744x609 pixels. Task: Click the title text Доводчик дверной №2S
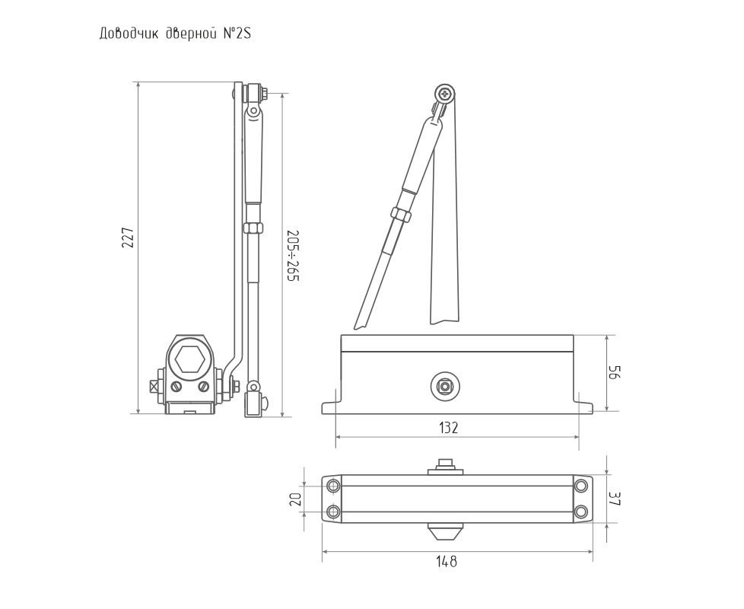(175, 35)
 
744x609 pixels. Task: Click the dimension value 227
(128, 238)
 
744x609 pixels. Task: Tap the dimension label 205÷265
(294, 256)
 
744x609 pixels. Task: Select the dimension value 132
(448, 428)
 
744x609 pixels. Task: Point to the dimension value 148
(447, 562)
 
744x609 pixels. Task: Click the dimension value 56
(615, 372)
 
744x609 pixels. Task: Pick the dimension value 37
(615, 499)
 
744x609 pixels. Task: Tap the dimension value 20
(295, 499)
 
